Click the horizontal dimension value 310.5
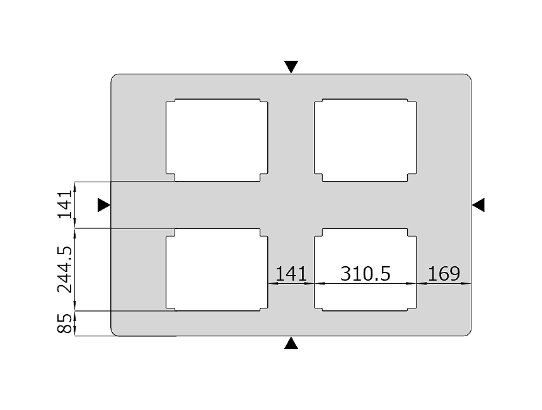(x=366, y=273)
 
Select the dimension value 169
(x=444, y=274)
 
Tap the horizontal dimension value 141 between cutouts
(x=291, y=274)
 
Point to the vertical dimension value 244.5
(x=65, y=269)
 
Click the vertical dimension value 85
(x=65, y=323)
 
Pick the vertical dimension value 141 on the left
(x=65, y=204)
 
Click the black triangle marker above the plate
(x=291, y=67)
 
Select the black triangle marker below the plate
(x=291, y=343)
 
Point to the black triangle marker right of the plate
(x=478, y=205)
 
